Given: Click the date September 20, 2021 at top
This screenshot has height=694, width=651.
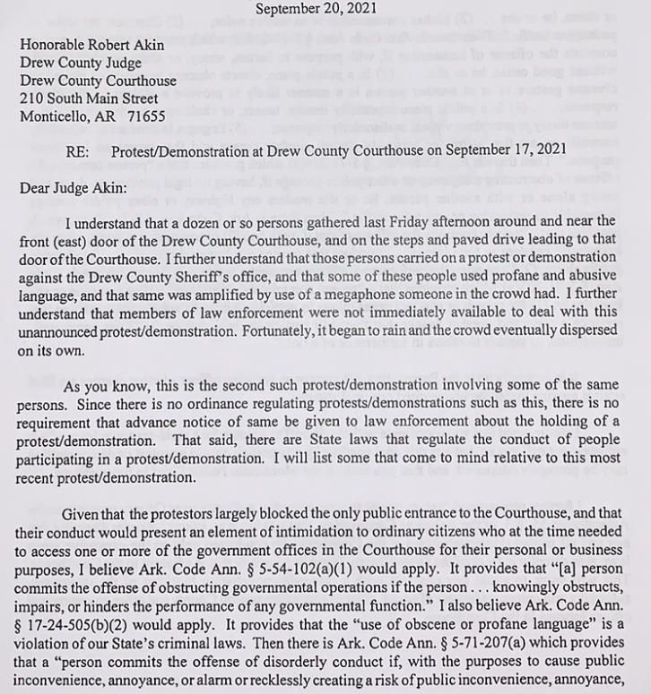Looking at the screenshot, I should (x=317, y=9).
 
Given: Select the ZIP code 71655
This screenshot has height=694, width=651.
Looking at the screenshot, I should (x=145, y=116).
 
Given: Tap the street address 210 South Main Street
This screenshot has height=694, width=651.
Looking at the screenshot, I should (x=90, y=99).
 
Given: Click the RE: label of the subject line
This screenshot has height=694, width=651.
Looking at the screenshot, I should (x=77, y=151).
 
